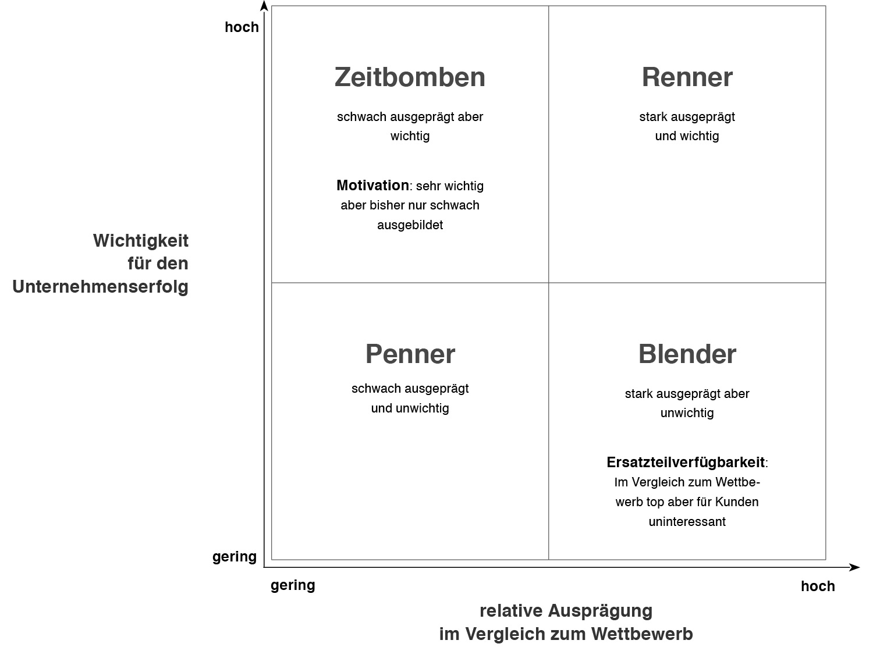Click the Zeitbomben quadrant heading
(x=410, y=77)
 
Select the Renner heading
(x=687, y=77)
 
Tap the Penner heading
(x=410, y=354)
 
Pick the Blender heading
(x=687, y=354)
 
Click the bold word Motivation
(x=372, y=185)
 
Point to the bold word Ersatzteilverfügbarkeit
(x=686, y=463)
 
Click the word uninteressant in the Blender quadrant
(x=687, y=521)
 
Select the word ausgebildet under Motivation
(x=410, y=225)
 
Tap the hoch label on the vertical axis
(x=242, y=27)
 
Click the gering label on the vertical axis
(x=235, y=557)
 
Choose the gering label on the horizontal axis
(x=293, y=585)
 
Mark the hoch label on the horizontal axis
(x=818, y=586)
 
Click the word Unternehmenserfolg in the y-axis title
(x=100, y=287)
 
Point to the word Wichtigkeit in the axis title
(x=141, y=241)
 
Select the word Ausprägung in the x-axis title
(x=600, y=611)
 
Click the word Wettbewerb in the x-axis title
(x=642, y=634)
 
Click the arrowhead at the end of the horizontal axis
(x=854, y=567)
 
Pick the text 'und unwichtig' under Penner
(x=410, y=408)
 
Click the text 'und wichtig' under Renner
(x=687, y=136)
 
